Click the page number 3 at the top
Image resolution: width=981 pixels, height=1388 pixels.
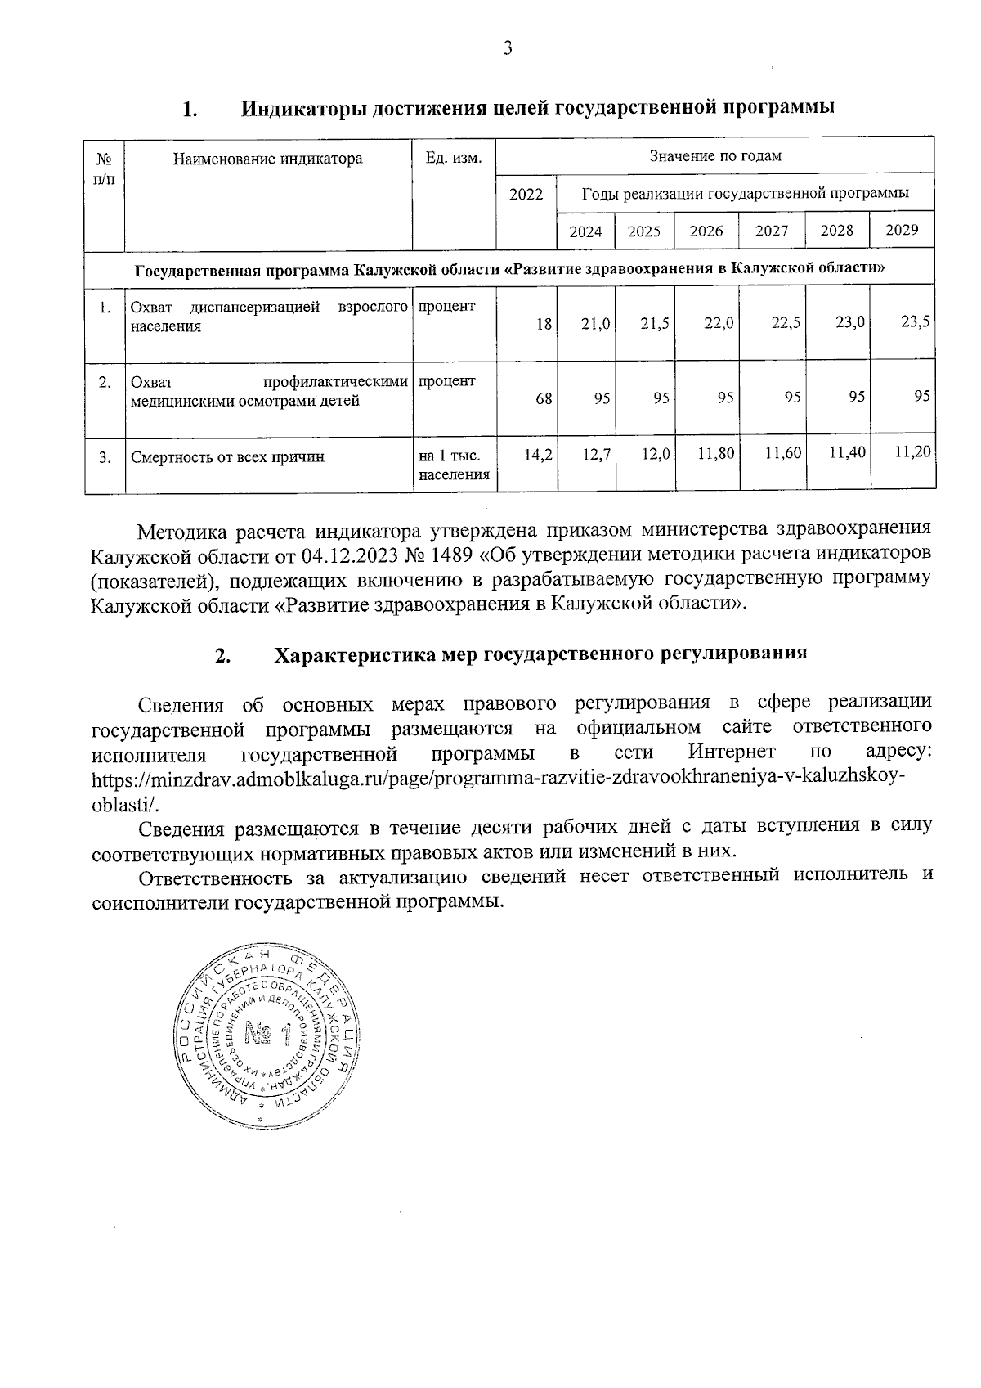tap(508, 49)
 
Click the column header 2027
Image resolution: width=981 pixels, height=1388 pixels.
tap(772, 231)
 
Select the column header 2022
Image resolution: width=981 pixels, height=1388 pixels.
tap(526, 194)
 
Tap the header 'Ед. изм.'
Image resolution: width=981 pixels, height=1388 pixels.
tap(454, 158)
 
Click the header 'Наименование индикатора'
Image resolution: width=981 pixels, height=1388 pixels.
tap(267, 159)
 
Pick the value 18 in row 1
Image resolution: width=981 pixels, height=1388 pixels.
tap(544, 324)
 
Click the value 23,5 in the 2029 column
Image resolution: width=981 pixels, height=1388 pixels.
tap(915, 321)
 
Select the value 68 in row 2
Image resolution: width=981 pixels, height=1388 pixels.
tap(544, 398)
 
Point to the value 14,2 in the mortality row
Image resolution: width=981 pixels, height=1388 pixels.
tap(538, 455)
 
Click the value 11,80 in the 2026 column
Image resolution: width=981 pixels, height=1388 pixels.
tap(716, 453)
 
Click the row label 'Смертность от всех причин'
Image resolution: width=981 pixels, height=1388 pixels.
tap(227, 457)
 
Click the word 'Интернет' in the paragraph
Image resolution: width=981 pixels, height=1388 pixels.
tap(732, 752)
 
